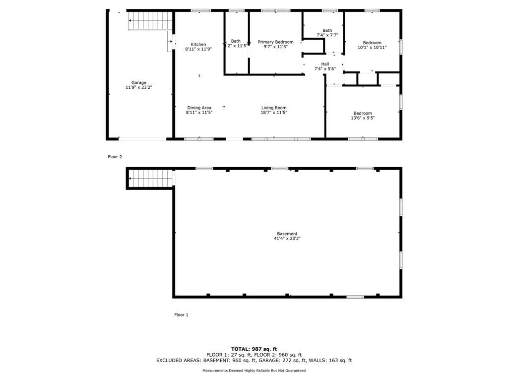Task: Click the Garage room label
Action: pos(139,83)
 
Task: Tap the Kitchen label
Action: pos(198,44)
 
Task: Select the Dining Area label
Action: pos(199,108)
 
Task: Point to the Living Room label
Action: pos(274,108)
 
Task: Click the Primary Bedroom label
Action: pos(275,42)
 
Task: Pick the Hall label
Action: pos(325,64)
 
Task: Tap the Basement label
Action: pos(287,234)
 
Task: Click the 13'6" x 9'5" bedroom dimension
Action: pos(363,118)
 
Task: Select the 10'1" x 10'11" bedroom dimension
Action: pos(372,47)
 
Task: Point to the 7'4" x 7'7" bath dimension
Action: pos(327,35)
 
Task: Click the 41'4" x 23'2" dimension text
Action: pos(287,239)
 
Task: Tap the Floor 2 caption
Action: pos(115,157)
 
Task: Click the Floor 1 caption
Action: pos(181,315)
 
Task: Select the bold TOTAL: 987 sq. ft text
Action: pos(254,349)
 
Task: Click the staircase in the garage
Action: pos(150,21)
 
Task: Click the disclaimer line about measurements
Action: pos(254,371)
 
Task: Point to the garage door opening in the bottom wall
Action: pos(142,139)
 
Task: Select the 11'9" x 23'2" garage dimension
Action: pos(139,87)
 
